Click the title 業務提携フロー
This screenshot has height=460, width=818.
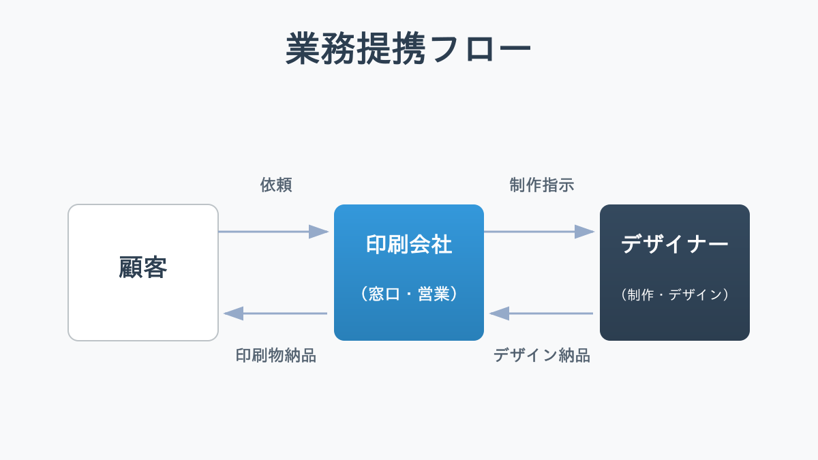(x=408, y=48)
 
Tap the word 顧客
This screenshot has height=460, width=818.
(x=143, y=268)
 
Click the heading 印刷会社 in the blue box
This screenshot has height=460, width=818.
(x=409, y=244)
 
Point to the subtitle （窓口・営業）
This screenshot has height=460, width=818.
(x=409, y=294)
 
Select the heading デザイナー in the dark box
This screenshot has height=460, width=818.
(x=675, y=244)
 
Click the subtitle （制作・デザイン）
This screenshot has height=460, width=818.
(x=675, y=294)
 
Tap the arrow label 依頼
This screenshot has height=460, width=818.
(x=276, y=185)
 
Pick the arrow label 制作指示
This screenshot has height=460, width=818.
(x=542, y=185)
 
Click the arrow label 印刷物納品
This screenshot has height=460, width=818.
(x=276, y=355)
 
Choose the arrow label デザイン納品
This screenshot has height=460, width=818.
(x=542, y=355)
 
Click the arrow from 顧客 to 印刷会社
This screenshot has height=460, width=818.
(x=266, y=232)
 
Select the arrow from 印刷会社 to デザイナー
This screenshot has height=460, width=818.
(x=532, y=232)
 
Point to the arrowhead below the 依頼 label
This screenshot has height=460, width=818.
(x=319, y=232)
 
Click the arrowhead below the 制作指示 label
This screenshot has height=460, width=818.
(x=585, y=232)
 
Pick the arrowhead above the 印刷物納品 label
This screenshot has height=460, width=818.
(x=233, y=313)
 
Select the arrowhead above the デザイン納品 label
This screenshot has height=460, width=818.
(x=499, y=313)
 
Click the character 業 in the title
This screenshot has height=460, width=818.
(x=303, y=48)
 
